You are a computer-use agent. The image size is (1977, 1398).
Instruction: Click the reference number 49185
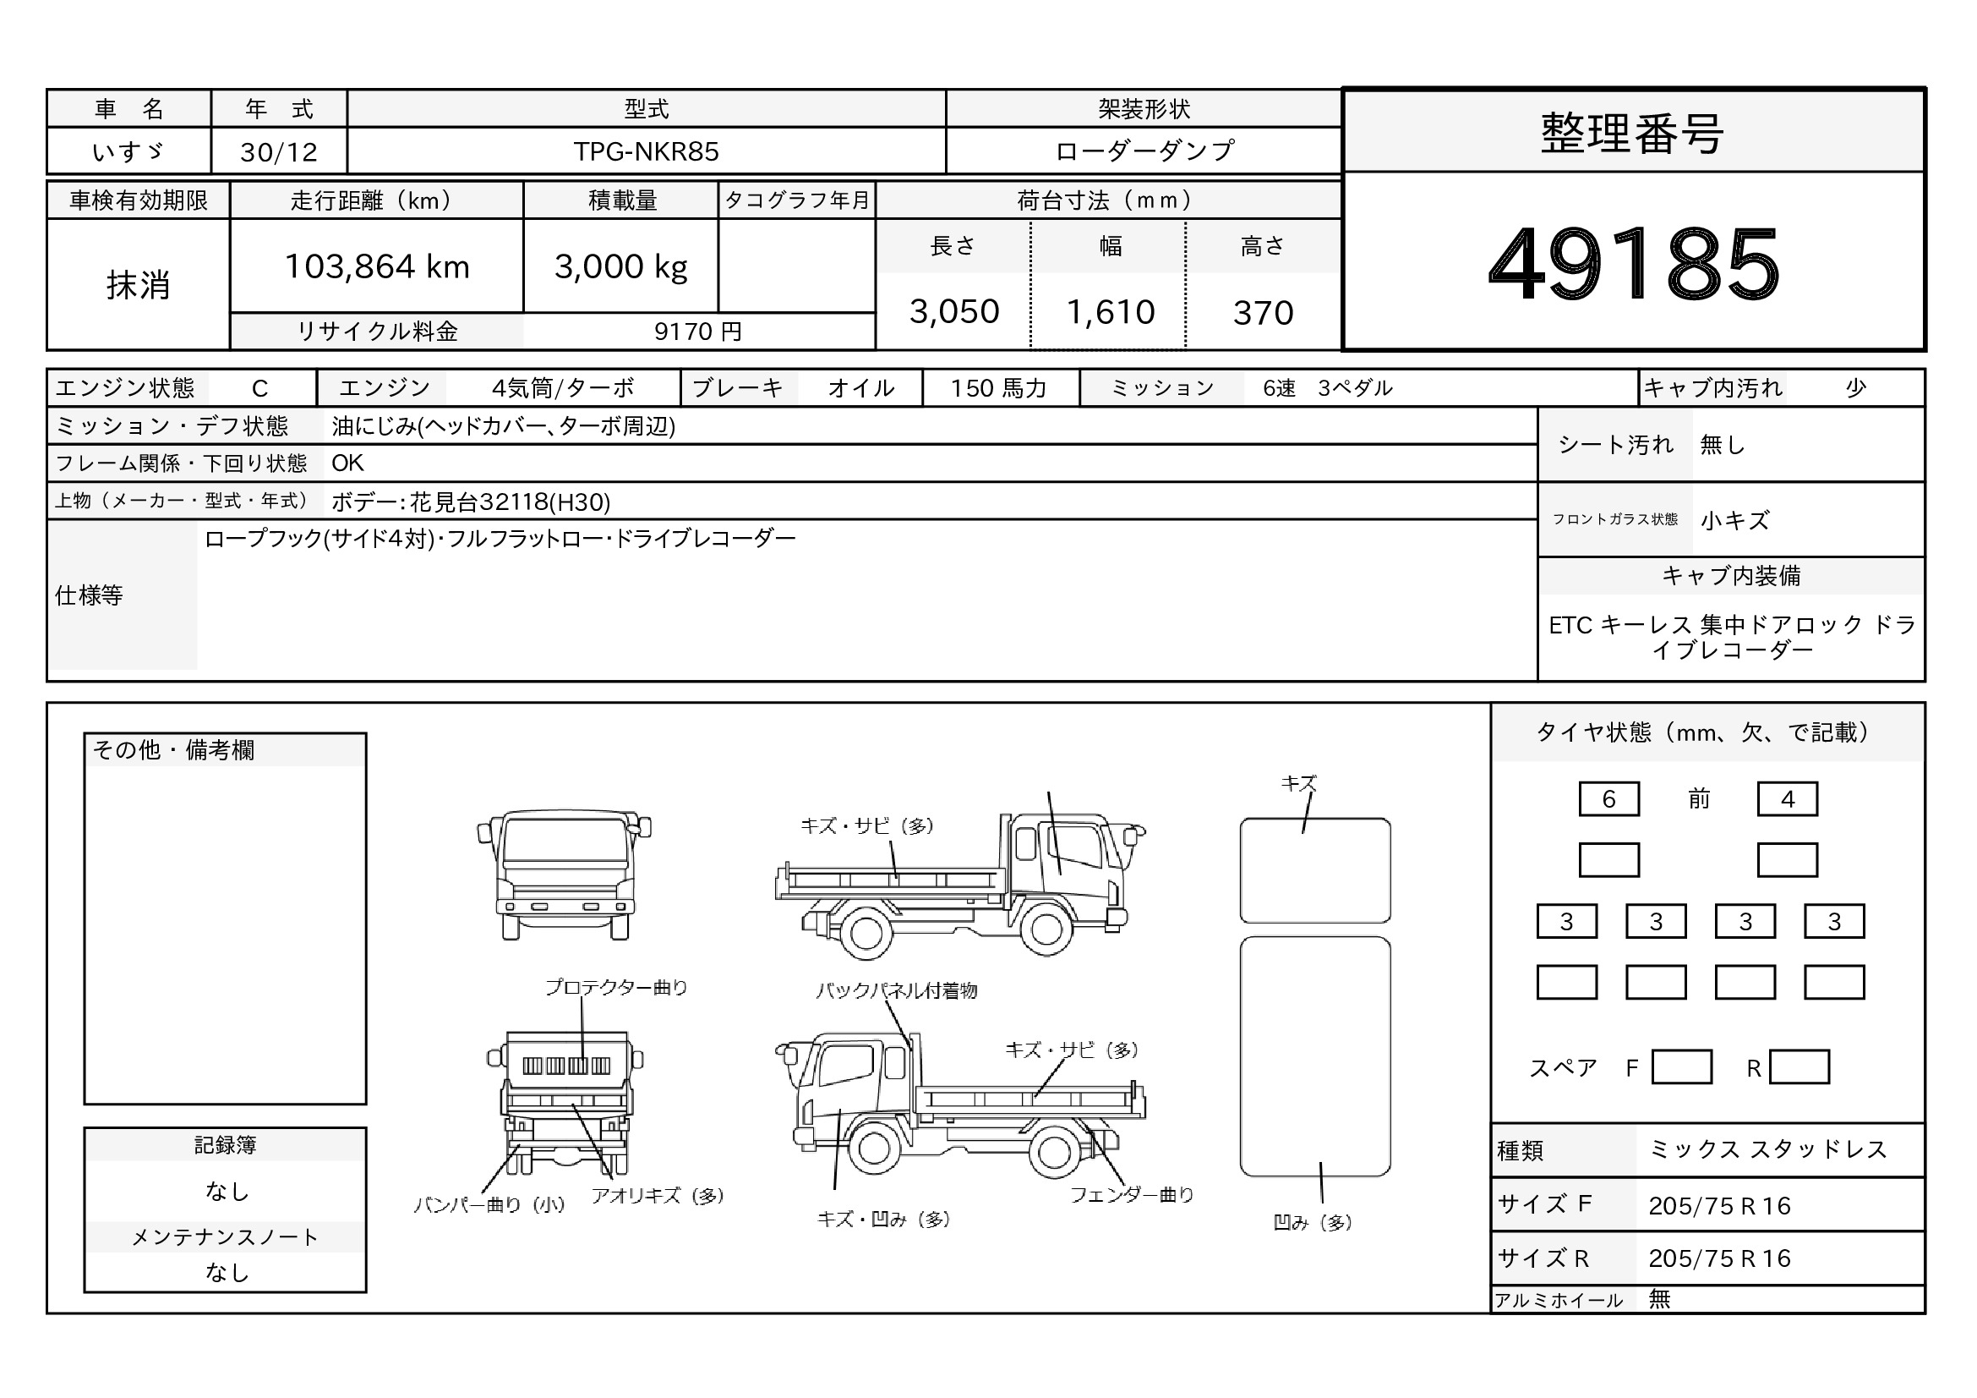tap(1634, 263)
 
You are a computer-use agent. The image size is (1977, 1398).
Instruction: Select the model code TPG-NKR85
tap(646, 151)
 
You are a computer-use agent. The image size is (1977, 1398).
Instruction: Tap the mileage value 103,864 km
tap(377, 267)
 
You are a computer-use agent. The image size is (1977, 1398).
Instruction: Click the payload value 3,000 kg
tap(621, 267)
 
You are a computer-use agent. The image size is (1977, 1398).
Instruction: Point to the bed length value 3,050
tap(954, 312)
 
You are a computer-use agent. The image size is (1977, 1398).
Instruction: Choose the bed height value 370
tap(1263, 313)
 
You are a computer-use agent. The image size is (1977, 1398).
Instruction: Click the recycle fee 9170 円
tap(697, 332)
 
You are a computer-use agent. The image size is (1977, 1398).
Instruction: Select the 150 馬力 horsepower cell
tap(999, 388)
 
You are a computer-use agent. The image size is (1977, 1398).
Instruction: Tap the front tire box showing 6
tap(1608, 799)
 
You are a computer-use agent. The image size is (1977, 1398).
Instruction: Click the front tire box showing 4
tap(1788, 799)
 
